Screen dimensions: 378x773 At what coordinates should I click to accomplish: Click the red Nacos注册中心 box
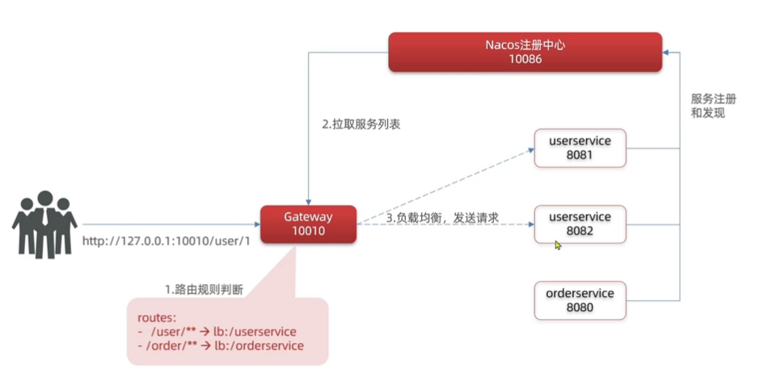pyautogui.click(x=525, y=51)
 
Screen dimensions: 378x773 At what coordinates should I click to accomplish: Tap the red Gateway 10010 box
pyautogui.click(x=308, y=224)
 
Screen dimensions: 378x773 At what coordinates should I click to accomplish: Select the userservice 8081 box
pyautogui.click(x=580, y=147)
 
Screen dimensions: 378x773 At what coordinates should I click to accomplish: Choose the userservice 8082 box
pyautogui.click(x=580, y=223)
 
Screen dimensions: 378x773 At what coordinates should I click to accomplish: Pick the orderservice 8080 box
pyautogui.click(x=580, y=299)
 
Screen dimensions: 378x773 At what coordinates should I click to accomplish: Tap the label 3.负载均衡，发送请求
pyautogui.click(x=441, y=218)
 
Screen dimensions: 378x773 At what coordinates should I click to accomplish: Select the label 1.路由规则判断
pyautogui.click(x=202, y=288)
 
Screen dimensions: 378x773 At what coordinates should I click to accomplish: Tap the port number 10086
pyautogui.click(x=525, y=59)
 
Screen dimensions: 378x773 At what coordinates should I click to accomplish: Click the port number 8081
pyautogui.click(x=580, y=155)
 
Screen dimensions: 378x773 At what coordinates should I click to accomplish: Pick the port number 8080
pyautogui.click(x=580, y=307)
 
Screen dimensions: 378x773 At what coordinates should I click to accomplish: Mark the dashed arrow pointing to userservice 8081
pyautogui.click(x=445, y=186)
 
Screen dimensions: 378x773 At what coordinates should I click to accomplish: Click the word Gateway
pyautogui.click(x=308, y=217)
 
